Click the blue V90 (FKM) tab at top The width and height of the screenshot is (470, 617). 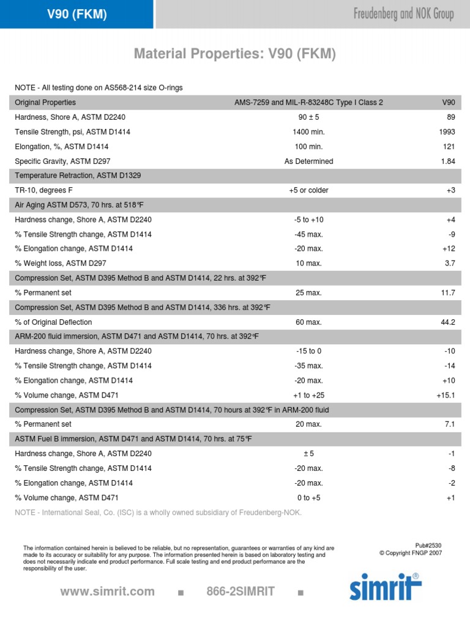[x=77, y=15]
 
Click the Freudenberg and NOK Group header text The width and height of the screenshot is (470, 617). [x=404, y=15]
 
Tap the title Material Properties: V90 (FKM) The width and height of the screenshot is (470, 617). [x=235, y=54]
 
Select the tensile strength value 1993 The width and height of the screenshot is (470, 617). [x=447, y=132]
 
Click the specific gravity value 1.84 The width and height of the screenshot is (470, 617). [x=448, y=161]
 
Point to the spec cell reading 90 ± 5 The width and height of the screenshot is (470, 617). [x=309, y=117]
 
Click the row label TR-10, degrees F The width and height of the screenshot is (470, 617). [x=43, y=190]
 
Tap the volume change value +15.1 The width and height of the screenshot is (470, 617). [x=446, y=395]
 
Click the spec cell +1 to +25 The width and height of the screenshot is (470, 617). [x=308, y=395]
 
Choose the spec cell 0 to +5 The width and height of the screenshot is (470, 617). [x=308, y=498]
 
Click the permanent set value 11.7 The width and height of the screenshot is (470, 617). [x=448, y=293]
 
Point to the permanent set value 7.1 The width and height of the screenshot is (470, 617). [x=450, y=424]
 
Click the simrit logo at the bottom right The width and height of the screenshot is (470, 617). [x=385, y=586]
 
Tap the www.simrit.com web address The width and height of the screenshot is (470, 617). [x=108, y=591]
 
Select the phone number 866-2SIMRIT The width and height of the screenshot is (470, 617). [x=241, y=591]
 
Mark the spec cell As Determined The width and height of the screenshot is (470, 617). [x=308, y=161]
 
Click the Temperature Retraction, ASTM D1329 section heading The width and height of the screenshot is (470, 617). [x=78, y=176]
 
